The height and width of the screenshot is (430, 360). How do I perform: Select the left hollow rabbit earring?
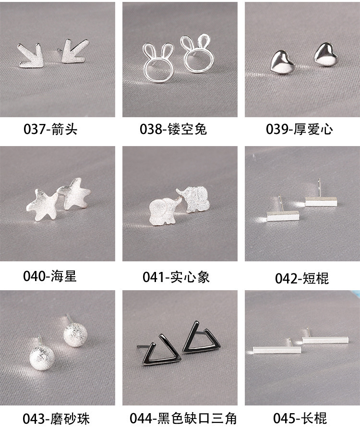click(x=156, y=63)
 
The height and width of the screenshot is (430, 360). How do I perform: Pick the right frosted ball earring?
click(x=77, y=334)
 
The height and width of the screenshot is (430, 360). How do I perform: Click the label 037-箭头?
click(x=50, y=129)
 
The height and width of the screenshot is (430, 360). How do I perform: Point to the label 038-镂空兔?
click(x=173, y=129)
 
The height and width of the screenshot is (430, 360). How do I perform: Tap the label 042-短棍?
click(x=302, y=278)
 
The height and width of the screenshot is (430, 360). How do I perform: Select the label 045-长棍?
click(x=300, y=418)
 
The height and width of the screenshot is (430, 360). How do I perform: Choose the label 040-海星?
click(x=50, y=276)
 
